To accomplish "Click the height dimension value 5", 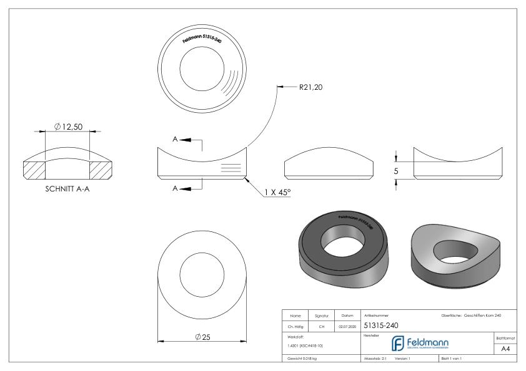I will click(405, 168).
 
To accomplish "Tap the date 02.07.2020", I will click(347, 325).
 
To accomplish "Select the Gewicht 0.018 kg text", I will click(307, 359).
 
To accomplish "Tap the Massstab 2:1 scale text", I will click(377, 359).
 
